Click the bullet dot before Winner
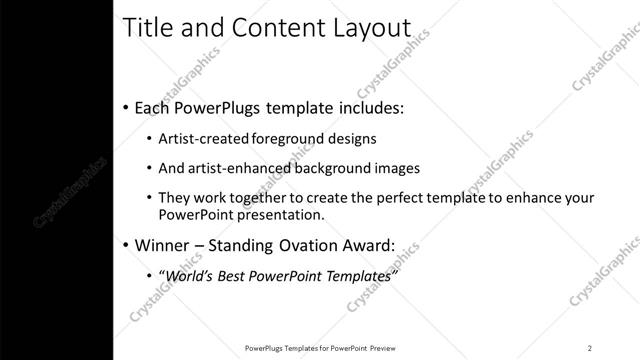[x=125, y=245]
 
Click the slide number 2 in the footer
[x=590, y=348]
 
